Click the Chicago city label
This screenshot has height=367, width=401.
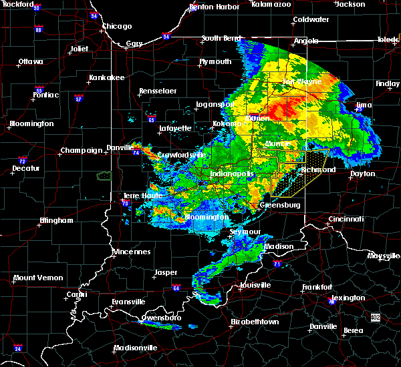116,27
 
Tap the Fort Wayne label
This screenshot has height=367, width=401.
298,83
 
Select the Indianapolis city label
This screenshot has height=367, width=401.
232,173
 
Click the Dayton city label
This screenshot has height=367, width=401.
362,173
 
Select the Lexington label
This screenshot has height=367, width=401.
348,298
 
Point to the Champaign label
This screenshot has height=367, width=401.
81,151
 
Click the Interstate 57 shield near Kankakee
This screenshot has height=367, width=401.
78,98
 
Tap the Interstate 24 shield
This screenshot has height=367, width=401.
18,348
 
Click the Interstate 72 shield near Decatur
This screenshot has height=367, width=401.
22,161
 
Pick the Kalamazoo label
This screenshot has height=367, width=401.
271,4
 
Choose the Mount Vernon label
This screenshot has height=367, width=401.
38,278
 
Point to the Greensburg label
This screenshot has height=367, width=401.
279,205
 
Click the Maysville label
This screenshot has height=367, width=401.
384,256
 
